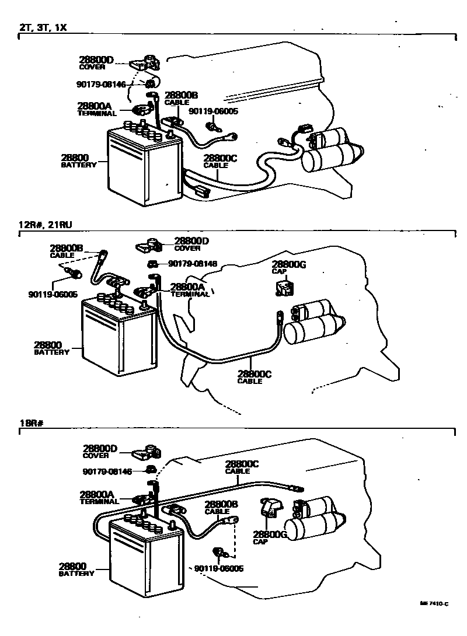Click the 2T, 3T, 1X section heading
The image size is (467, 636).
pos(44,27)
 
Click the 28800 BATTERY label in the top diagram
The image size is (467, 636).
pos(79,160)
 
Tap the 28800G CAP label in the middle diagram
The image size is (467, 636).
pos(289,267)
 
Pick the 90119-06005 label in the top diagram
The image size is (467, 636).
pos(213,111)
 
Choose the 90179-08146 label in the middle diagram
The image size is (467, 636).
pos(192,264)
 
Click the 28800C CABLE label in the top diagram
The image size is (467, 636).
pos(221,161)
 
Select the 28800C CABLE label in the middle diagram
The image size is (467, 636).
pos(255,378)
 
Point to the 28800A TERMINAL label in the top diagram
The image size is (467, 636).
pos(96,109)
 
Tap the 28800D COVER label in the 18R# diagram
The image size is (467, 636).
pos(100,452)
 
